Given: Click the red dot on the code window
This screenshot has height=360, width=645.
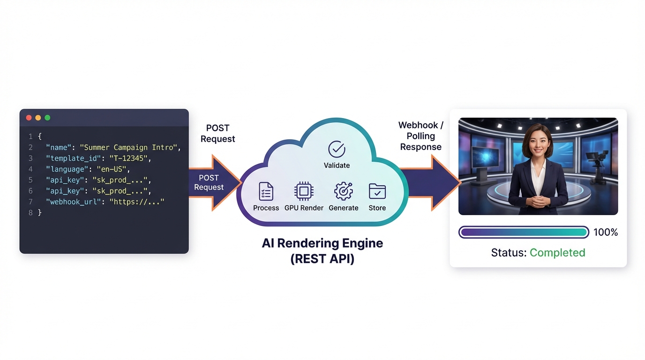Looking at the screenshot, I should [29, 118].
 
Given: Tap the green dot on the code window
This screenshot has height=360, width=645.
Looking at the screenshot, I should [47, 118].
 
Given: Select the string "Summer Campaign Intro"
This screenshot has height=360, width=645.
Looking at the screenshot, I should [128, 147].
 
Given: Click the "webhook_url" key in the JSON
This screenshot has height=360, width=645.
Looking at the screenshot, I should [74, 202].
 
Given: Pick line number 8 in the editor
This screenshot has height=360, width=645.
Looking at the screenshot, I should [30, 213].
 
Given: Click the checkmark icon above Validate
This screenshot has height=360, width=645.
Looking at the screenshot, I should [337, 149].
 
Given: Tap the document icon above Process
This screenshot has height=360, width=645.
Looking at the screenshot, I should [266, 191].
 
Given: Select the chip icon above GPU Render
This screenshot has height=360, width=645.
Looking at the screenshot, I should [304, 191].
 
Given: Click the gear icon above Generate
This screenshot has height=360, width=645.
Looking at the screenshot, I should [343, 191].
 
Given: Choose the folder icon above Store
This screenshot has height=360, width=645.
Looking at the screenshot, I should [377, 191].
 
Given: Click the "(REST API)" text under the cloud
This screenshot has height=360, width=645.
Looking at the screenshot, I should [322, 259].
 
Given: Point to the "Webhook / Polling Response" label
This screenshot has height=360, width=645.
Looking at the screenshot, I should [420, 136].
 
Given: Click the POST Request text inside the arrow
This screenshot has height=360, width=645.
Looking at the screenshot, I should [209, 182].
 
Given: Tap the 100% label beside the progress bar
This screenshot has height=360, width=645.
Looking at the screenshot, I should [606, 232].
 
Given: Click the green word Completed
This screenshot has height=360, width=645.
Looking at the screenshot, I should [557, 253].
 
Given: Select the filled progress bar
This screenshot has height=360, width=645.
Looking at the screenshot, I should [524, 232].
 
